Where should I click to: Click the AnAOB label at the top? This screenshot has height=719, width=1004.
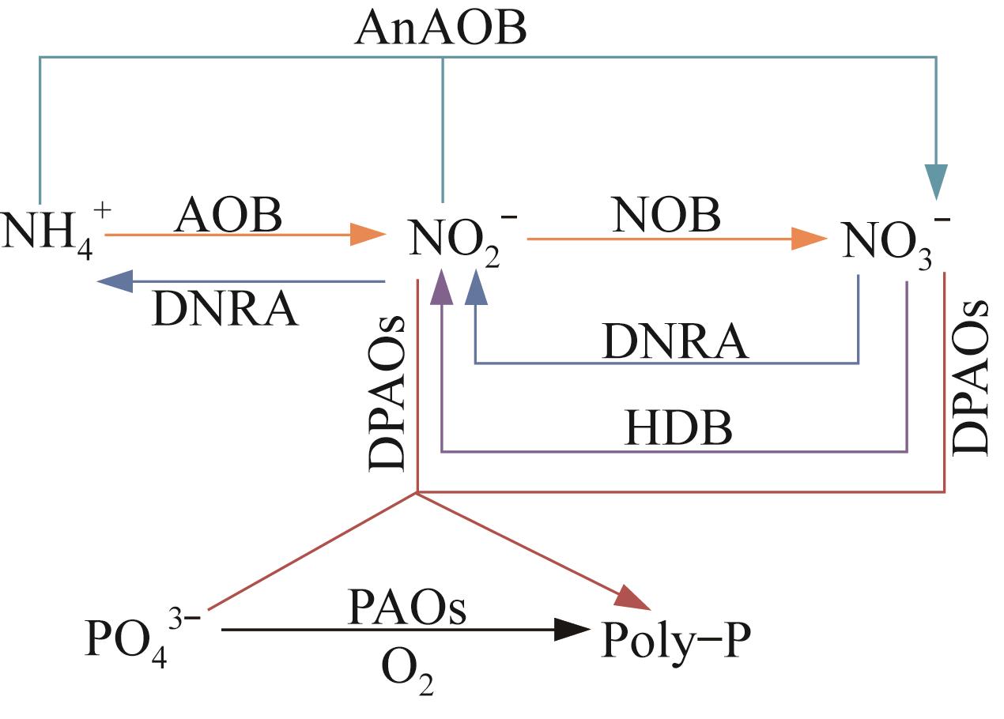click(441, 30)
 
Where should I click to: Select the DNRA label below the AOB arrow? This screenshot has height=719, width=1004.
click(226, 310)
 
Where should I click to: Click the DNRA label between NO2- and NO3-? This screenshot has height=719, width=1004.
click(675, 341)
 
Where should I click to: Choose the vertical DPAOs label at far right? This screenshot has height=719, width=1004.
click(971, 376)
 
